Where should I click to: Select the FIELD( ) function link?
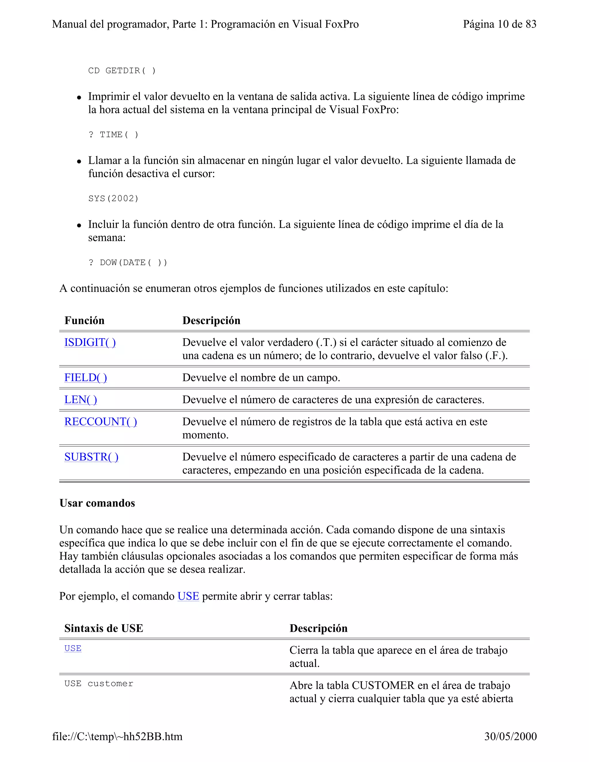(85, 378)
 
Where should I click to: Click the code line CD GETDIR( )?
(122, 71)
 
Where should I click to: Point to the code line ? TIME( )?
(113, 135)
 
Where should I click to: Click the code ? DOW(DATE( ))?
(128, 262)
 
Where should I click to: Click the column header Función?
(85, 320)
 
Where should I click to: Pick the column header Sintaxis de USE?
(104, 628)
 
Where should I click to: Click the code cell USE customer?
(99, 683)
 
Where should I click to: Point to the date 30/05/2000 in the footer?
(510, 736)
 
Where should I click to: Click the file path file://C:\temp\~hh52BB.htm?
(117, 736)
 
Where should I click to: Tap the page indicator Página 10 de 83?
(499, 24)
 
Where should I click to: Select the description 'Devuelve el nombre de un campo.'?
(261, 378)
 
